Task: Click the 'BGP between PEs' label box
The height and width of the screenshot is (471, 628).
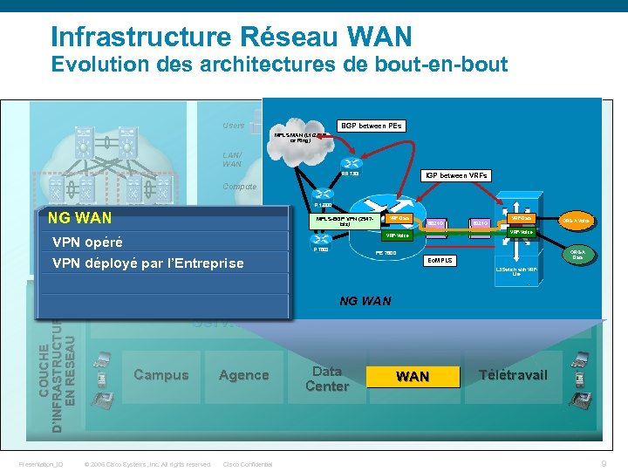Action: (x=370, y=126)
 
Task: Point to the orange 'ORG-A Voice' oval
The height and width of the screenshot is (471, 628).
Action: (x=577, y=221)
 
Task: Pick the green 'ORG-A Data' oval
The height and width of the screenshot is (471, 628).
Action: (x=577, y=255)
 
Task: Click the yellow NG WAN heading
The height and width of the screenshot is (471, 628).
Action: (x=79, y=217)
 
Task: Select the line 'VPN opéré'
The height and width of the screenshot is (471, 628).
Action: (x=87, y=242)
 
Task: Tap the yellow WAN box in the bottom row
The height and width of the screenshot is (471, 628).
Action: (x=413, y=376)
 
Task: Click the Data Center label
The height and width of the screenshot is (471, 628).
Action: (x=327, y=379)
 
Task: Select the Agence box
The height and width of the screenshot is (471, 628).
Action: (x=243, y=375)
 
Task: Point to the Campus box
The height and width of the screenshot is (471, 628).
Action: (x=160, y=375)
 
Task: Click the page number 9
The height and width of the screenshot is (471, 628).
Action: (x=604, y=464)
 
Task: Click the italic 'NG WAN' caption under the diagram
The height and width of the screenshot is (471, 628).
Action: (x=364, y=302)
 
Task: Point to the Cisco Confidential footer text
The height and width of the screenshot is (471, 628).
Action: (x=248, y=464)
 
